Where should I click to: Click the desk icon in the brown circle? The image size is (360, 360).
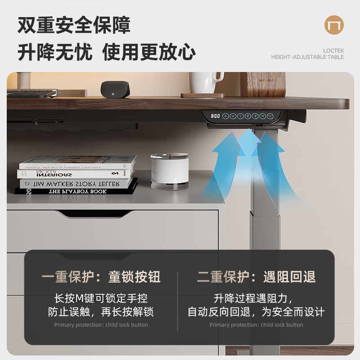[334, 26]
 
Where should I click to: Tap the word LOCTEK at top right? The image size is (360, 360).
[333, 50]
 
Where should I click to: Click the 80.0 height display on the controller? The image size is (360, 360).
[216, 116]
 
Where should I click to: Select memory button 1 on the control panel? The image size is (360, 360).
[241, 116]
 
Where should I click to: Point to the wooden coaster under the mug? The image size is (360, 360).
[202, 95]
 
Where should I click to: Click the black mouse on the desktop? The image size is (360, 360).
[115, 89]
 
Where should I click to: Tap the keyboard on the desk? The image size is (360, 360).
[31, 94]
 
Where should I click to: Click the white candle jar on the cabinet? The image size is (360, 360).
[170, 171]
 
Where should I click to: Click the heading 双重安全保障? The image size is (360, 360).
[74, 25]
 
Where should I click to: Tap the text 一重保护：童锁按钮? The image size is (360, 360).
[101, 277]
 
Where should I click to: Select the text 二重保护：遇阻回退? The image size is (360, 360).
[256, 277]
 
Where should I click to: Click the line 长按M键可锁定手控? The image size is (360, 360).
[101, 298]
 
